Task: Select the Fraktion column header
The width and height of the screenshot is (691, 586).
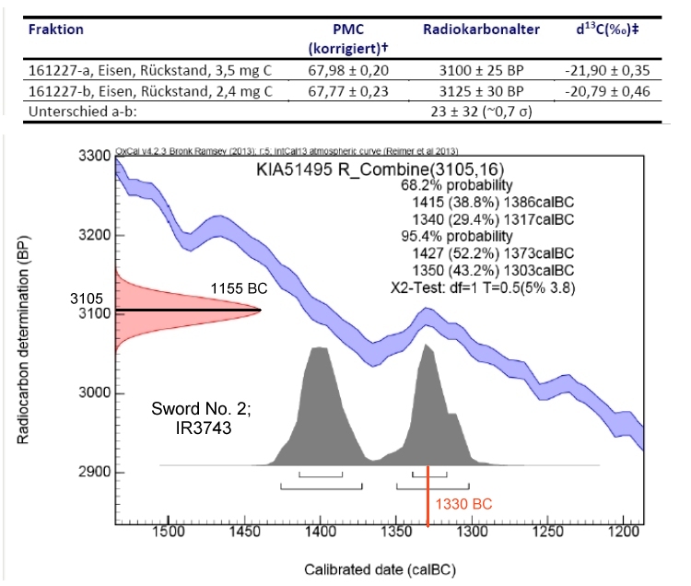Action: point(56,29)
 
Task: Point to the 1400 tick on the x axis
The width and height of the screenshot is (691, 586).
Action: point(320,533)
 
